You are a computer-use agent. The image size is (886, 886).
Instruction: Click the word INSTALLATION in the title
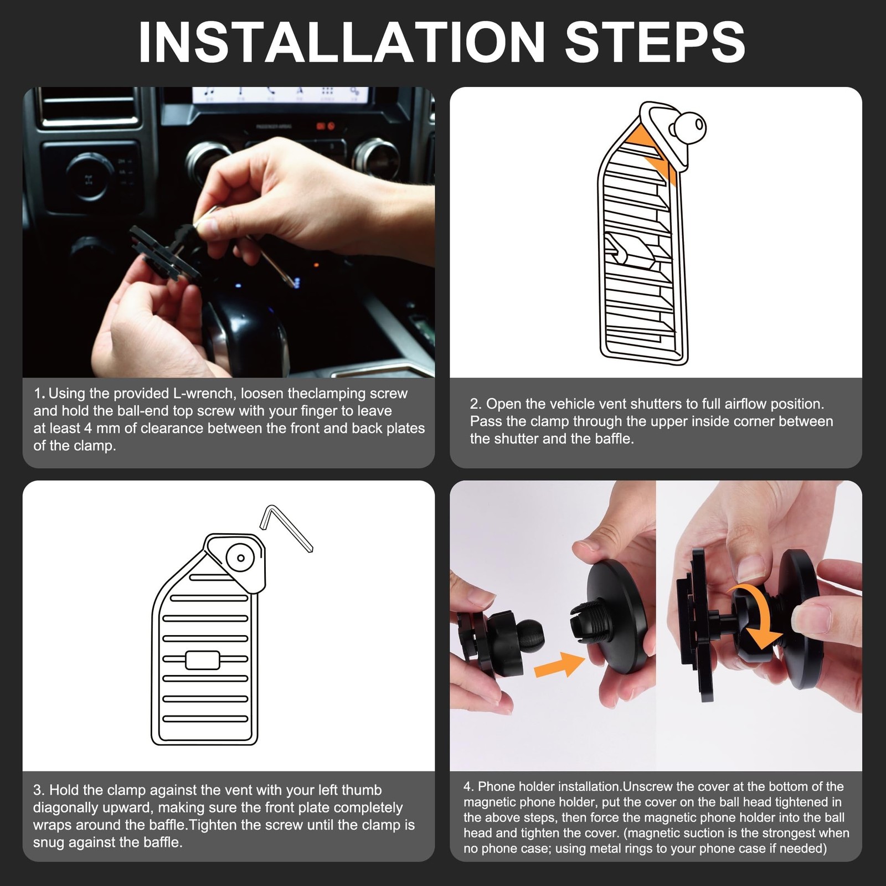342,43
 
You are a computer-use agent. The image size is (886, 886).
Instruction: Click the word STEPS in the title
655,43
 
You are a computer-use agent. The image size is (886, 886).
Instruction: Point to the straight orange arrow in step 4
559,665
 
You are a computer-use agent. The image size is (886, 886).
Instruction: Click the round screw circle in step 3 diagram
241,558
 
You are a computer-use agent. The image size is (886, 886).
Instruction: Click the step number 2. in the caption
476,404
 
